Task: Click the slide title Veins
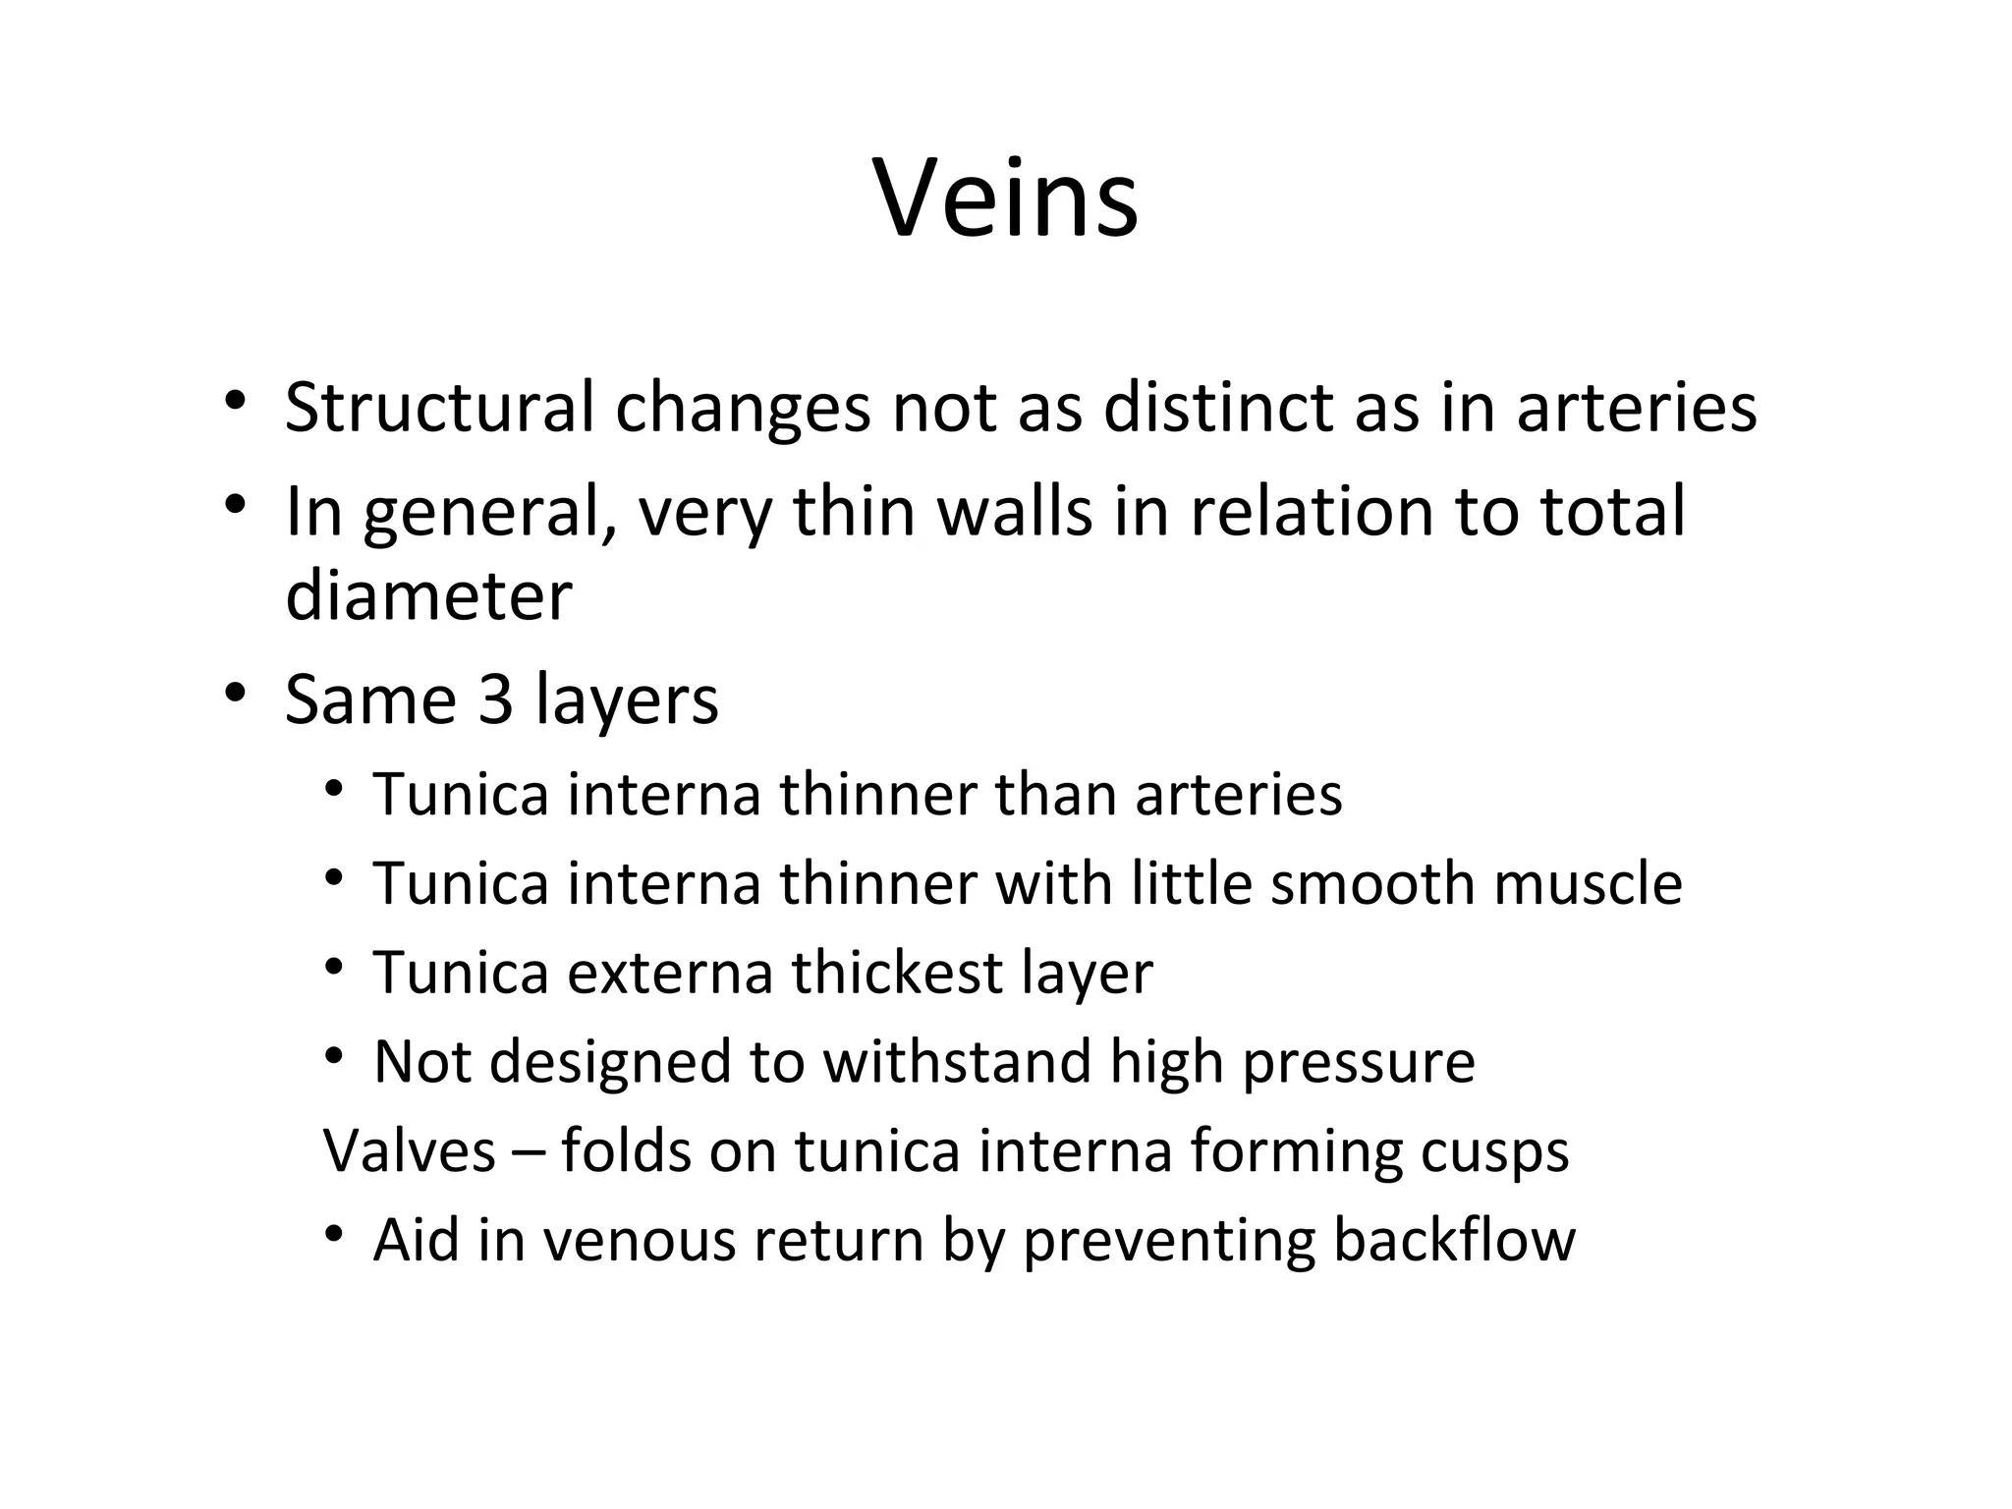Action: pos(1005,200)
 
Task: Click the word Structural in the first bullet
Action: pos(439,408)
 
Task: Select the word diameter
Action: pos(428,596)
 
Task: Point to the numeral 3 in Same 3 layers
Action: pos(495,699)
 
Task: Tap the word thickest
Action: pos(896,973)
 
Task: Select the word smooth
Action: pos(1371,883)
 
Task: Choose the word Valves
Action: pos(410,1150)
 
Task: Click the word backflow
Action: pos(1454,1240)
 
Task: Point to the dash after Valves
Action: pos(528,1152)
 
